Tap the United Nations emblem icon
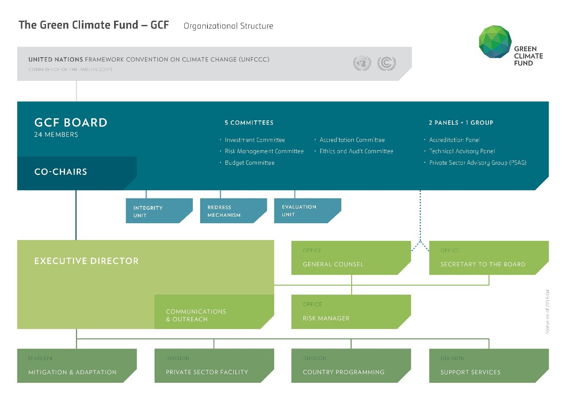click(362, 63)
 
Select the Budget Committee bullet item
click(250, 163)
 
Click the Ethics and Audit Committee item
click(356, 151)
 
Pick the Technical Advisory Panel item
click(462, 151)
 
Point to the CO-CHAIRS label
click(61, 172)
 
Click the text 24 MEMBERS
click(56, 135)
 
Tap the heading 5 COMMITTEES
click(249, 123)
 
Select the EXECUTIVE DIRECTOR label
click(87, 261)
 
